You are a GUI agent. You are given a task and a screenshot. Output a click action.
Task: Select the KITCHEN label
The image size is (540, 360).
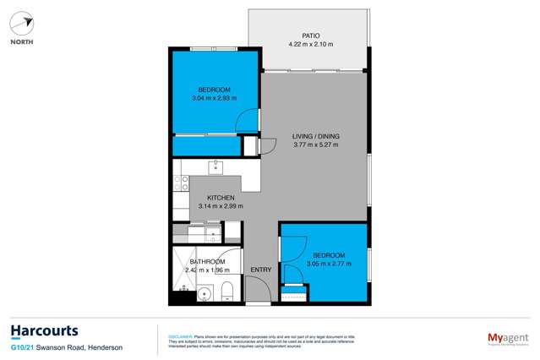pyautogui.click(x=209, y=198)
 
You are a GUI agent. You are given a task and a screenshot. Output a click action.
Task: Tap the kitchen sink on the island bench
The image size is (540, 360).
pyautogui.click(x=216, y=166)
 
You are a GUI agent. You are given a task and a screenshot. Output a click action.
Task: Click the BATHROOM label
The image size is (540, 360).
pyautogui.click(x=208, y=261)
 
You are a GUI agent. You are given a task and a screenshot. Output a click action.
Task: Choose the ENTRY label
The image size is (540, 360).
pyautogui.click(x=260, y=270)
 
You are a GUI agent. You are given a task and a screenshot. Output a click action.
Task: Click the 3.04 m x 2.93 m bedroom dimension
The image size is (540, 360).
pyautogui.click(x=215, y=97)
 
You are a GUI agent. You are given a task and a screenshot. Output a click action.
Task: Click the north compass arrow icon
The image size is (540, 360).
pyautogui.click(x=24, y=24)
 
